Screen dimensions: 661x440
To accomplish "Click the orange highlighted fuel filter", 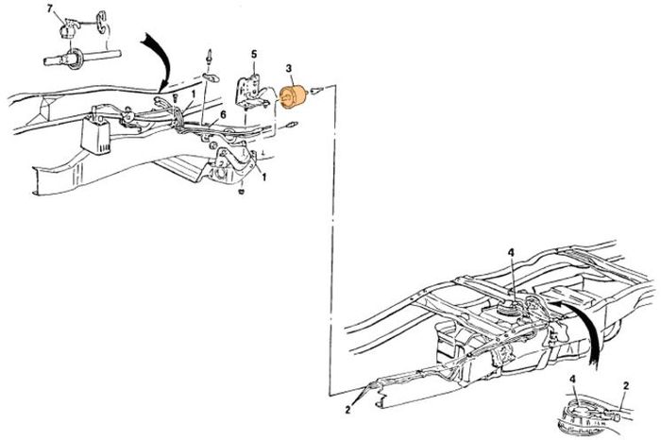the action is (x=294, y=96).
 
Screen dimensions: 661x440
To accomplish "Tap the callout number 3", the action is (x=288, y=68).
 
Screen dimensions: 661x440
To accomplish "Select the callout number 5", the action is (x=254, y=55).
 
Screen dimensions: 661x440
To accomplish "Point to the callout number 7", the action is (x=50, y=9).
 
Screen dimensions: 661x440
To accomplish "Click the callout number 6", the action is (x=223, y=114).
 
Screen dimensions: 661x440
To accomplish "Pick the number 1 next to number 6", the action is (x=193, y=94).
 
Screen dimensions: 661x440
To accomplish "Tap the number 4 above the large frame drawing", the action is (x=511, y=252).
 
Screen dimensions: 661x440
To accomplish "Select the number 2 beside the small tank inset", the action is (x=626, y=385).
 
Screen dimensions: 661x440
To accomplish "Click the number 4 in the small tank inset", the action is (x=572, y=379).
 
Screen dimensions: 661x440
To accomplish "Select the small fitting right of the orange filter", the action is (x=316, y=90).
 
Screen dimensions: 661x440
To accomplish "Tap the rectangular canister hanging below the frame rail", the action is (x=96, y=135).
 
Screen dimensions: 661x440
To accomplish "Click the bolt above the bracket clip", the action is (x=209, y=57).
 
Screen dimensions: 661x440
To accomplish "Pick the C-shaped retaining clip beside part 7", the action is (x=101, y=22).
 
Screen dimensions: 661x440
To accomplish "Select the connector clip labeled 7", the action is (x=69, y=27).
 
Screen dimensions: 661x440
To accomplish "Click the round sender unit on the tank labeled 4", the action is (x=508, y=309).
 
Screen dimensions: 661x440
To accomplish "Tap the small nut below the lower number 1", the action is (x=242, y=192).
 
